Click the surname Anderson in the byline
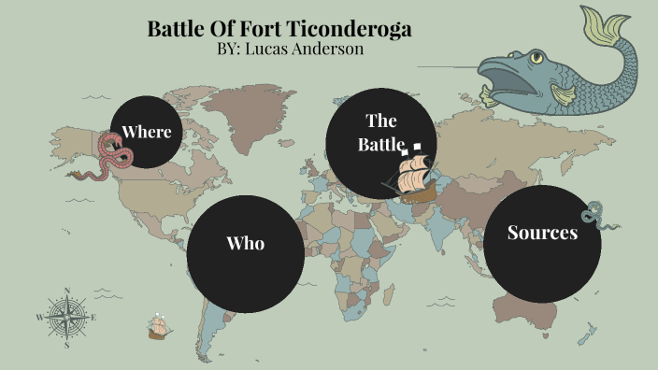[330, 49]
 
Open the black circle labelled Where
[147, 131]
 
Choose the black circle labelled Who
[246, 243]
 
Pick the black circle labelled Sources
[542, 243]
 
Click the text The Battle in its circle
[380, 133]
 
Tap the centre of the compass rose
[67, 317]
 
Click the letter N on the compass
[67, 291]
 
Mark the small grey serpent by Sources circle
[597, 215]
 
